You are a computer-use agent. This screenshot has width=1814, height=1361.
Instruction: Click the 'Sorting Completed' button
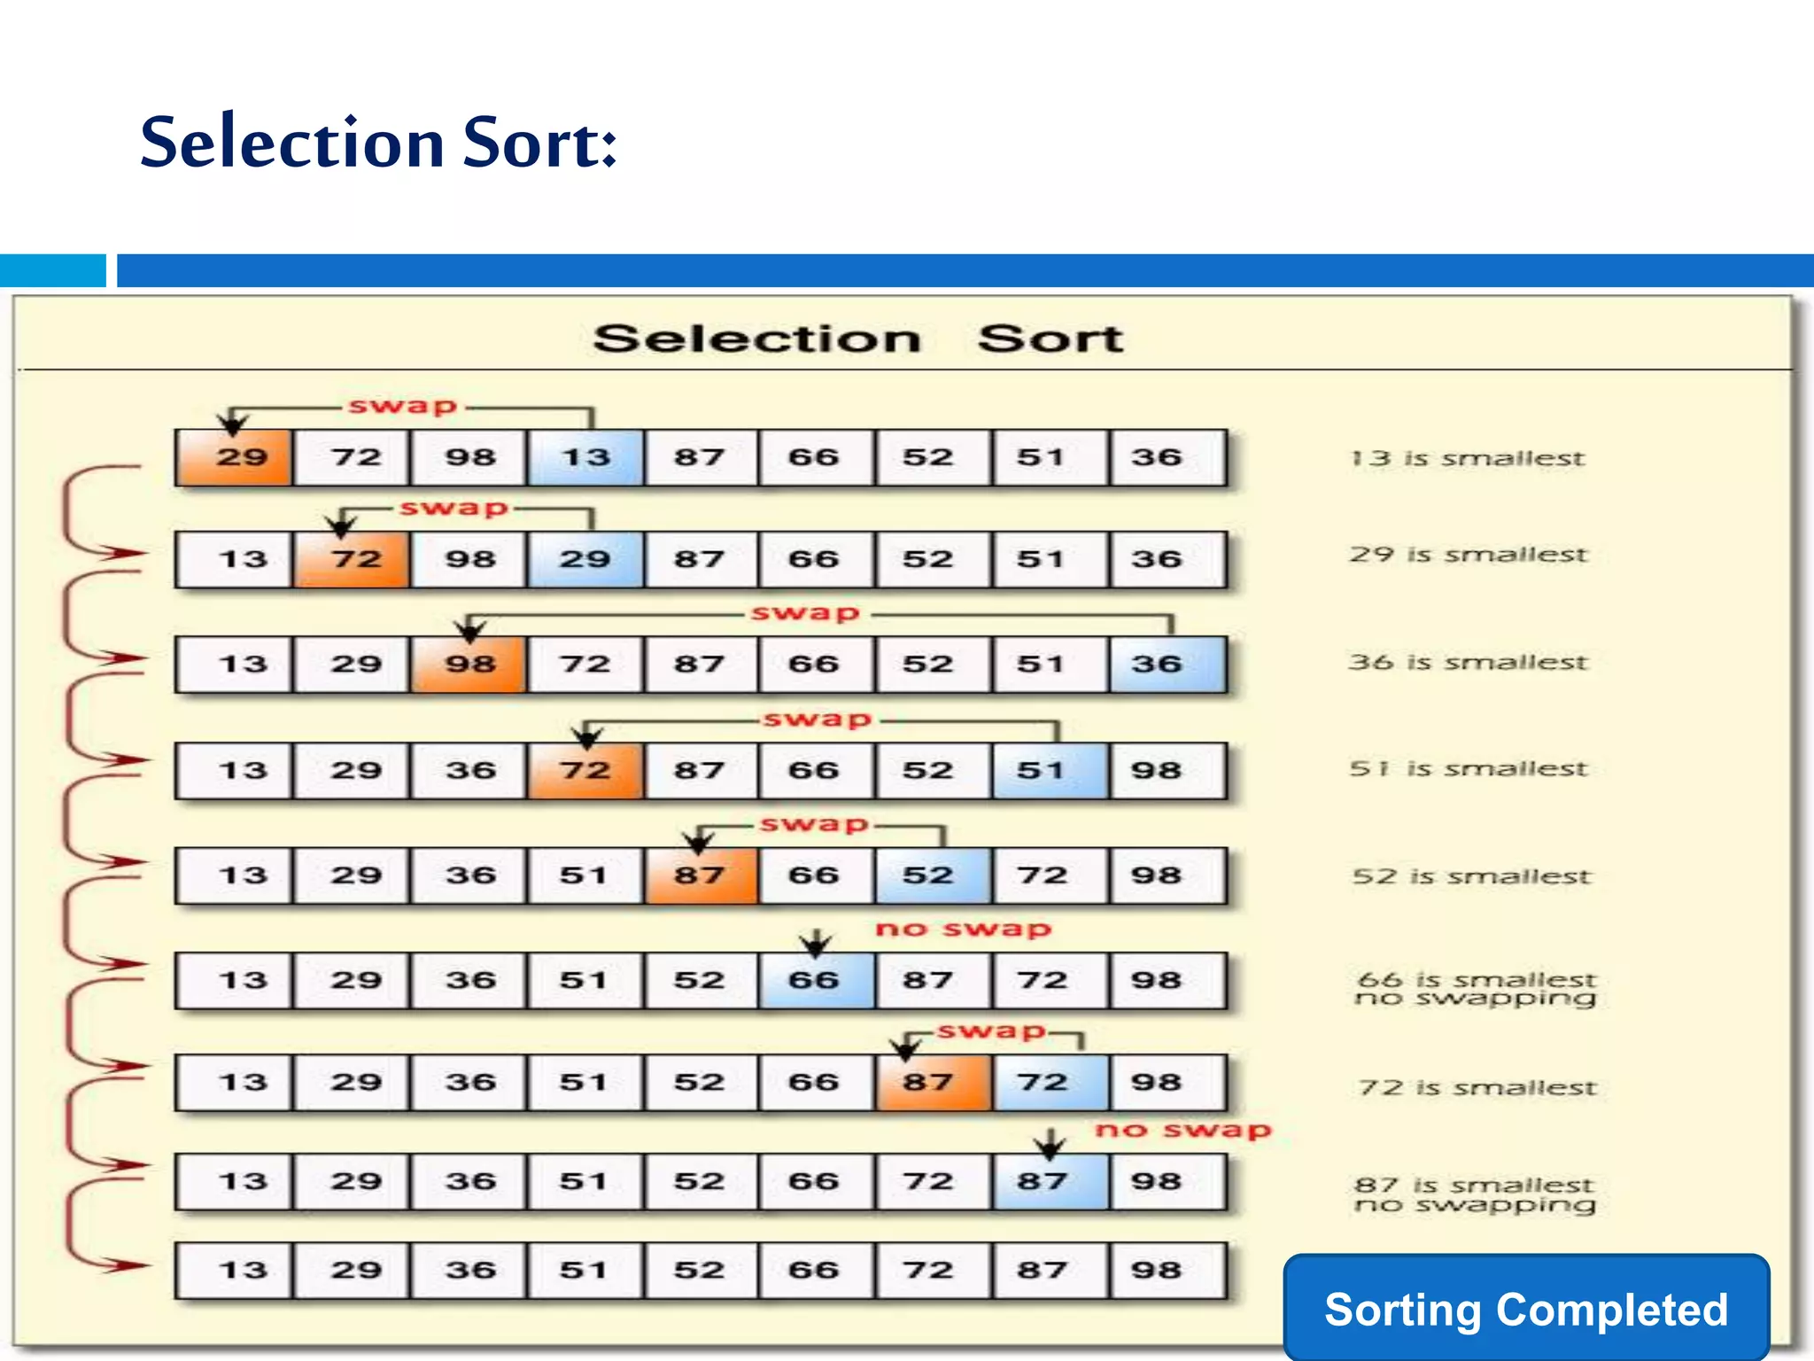point(1525,1309)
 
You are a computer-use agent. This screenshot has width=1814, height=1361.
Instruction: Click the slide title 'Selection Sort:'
point(378,142)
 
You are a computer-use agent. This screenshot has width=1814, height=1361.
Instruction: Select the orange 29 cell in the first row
point(234,458)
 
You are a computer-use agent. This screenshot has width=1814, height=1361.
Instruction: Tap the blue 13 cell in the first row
point(585,458)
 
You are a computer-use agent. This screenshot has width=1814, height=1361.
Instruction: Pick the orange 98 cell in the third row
point(469,665)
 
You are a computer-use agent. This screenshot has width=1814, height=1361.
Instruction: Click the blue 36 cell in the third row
point(1167,665)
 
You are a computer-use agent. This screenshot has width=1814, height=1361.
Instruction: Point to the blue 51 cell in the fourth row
point(1050,770)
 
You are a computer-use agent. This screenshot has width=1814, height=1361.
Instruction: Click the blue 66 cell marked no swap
point(816,980)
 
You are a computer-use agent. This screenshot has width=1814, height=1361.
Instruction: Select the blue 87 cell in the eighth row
point(1050,1181)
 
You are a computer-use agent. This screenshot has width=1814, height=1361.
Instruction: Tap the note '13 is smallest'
point(1467,458)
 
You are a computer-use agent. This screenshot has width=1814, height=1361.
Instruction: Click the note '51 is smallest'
point(1469,768)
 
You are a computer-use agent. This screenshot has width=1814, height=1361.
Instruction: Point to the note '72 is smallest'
point(1477,1087)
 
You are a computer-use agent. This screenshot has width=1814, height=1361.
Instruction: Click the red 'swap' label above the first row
point(403,406)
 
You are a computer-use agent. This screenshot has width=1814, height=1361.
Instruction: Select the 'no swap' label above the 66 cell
point(963,929)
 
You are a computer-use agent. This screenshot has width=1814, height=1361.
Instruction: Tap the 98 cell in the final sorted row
point(1167,1270)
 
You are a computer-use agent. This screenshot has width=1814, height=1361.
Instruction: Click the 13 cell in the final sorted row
point(234,1270)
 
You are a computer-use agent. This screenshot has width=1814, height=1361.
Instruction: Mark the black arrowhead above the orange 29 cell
point(233,424)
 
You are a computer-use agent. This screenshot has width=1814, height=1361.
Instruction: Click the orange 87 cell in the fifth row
point(702,875)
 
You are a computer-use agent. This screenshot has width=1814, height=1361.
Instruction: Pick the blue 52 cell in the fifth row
point(934,875)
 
